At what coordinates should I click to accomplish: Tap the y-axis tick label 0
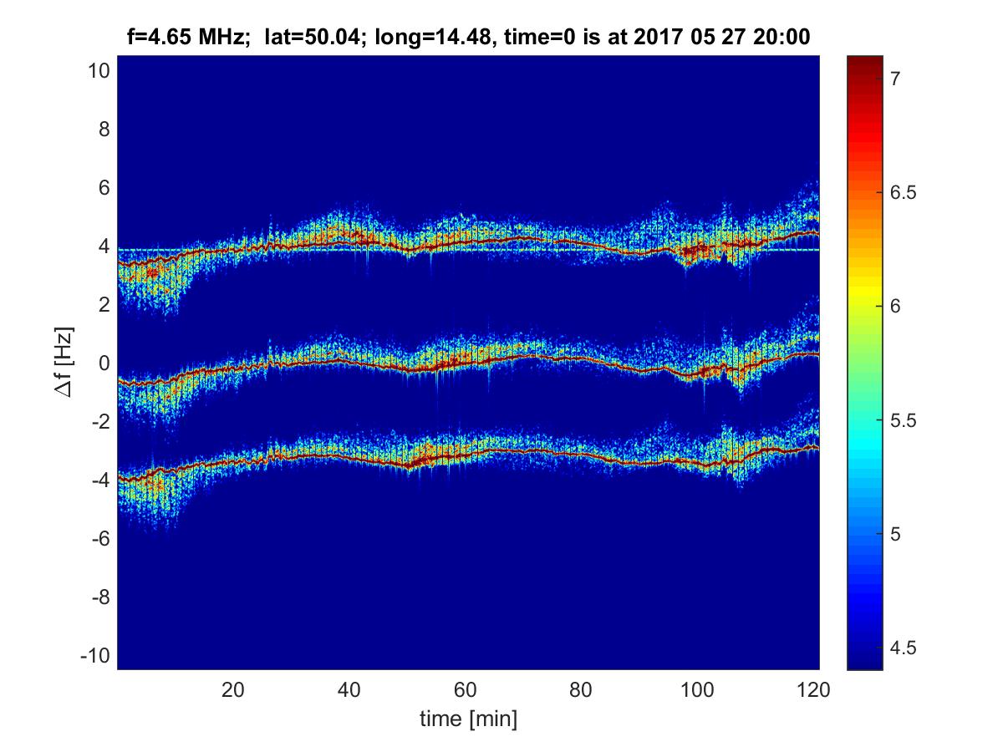(104, 363)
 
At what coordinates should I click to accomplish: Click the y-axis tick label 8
(104, 130)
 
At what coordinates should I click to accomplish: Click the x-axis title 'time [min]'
(468, 719)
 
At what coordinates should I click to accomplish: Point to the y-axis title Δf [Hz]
(74, 363)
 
